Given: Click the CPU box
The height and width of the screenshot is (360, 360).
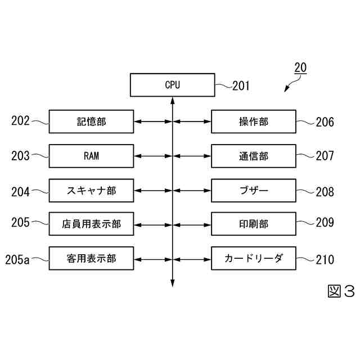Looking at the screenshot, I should (x=172, y=85).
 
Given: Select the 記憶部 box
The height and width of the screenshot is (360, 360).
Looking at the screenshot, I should (x=91, y=121).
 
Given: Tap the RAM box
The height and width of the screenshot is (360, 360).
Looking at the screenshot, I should (x=91, y=156).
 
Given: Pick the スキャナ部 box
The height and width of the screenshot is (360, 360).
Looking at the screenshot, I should (x=91, y=190).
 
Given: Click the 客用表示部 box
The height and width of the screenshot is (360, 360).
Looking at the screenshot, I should (x=91, y=258).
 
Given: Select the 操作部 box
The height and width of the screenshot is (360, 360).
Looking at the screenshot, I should (x=253, y=121).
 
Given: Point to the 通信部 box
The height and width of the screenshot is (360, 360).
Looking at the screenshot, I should (x=253, y=156).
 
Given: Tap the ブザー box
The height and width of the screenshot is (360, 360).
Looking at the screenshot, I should (x=253, y=190).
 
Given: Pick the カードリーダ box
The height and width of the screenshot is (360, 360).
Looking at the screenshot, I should (x=253, y=258).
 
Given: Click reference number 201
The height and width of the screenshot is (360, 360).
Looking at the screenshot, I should (x=241, y=86).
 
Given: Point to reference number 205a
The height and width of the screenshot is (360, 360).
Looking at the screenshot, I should (x=17, y=259).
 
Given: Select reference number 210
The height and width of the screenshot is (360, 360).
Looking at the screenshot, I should (x=325, y=259).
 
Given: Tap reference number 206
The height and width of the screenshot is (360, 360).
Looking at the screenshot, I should (x=325, y=122).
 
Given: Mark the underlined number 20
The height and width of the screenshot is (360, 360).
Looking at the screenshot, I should (x=300, y=67).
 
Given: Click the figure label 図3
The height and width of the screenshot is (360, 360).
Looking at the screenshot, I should (x=341, y=291).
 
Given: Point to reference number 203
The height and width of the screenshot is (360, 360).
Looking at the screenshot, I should (x=20, y=156).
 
